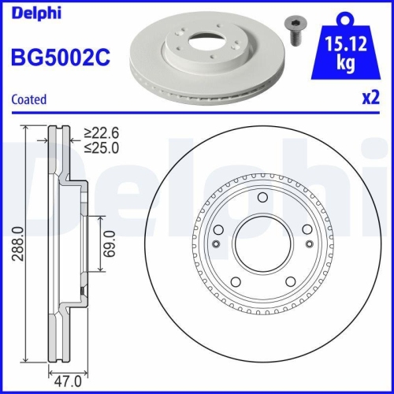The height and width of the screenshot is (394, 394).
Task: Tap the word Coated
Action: (28, 99)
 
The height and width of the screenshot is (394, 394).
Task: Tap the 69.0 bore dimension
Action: (111, 245)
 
